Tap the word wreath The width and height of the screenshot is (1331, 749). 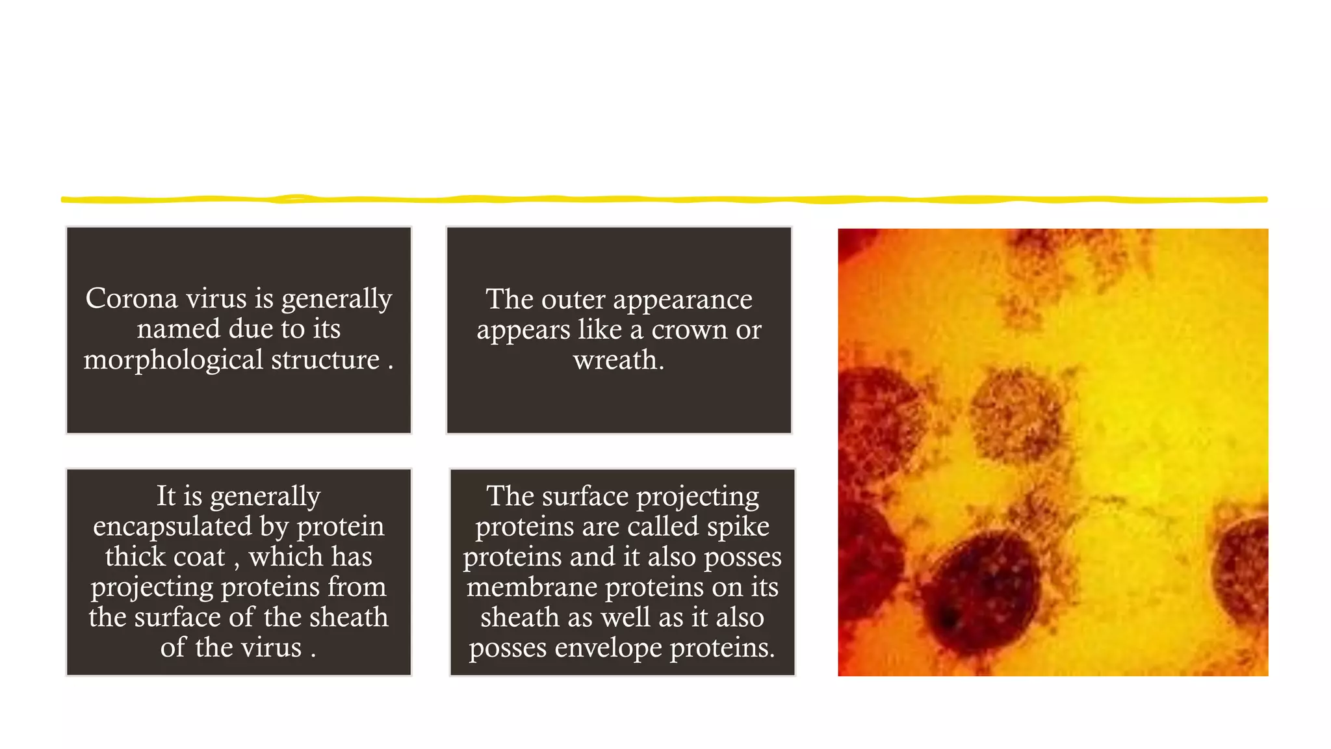[618, 360]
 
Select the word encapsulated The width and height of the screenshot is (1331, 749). [172, 527]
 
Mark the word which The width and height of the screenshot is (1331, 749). [277, 557]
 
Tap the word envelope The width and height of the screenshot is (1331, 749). [608, 648]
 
